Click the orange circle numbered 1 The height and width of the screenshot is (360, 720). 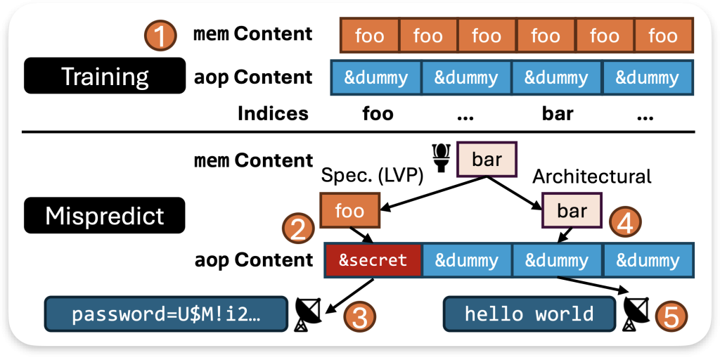(x=160, y=34)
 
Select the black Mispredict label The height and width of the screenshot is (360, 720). (x=104, y=215)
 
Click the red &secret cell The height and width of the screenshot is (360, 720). (x=373, y=260)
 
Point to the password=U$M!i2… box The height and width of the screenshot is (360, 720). (x=167, y=314)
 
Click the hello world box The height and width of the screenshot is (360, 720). (x=529, y=314)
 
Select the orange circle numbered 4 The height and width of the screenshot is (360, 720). (x=625, y=222)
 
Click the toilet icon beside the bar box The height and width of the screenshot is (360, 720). (x=442, y=158)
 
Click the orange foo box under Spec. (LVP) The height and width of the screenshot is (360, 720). (x=349, y=211)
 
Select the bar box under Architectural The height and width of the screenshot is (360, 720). (x=572, y=211)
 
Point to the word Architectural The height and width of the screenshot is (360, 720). (x=591, y=176)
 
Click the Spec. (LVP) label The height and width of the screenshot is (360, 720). (x=372, y=176)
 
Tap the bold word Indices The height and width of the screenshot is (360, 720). (x=273, y=113)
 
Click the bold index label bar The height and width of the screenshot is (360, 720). (x=558, y=113)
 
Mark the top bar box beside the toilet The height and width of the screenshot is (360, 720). (x=487, y=159)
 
